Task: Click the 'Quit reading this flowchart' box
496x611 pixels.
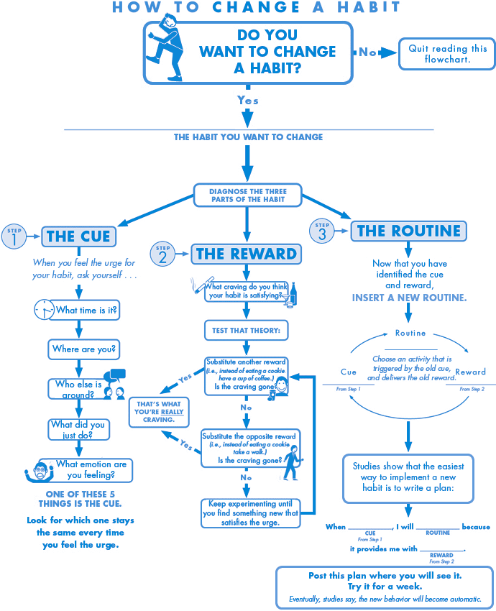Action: pos(447,54)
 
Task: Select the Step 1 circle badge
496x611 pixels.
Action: pos(14,236)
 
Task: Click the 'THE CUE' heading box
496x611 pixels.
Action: pos(78,236)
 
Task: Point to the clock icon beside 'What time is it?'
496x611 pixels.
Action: pos(44,311)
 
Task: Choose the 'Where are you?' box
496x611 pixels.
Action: pos(84,350)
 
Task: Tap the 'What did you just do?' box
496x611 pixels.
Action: pos(77,429)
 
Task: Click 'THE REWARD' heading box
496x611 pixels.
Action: pos(246,254)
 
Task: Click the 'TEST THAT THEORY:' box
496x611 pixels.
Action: pos(246,331)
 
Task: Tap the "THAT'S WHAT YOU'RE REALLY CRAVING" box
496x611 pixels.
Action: pos(159,412)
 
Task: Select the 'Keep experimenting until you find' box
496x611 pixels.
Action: pos(249,513)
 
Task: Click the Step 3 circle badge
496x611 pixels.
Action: pos(322,231)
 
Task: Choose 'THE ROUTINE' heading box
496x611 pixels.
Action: pos(408,231)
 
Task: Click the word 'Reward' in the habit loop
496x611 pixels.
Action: pos(470,372)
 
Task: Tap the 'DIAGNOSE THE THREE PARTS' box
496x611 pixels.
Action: pos(247,196)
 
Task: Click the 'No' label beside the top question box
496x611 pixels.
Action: pos(368,52)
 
